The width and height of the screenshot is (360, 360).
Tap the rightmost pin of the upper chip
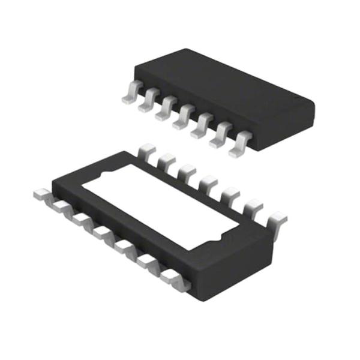pyautogui.click(x=238, y=146)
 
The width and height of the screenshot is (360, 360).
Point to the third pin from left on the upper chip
pyautogui.click(x=164, y=112)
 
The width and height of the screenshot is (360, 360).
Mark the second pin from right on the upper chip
pyautogui.click(x=220, y=137)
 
